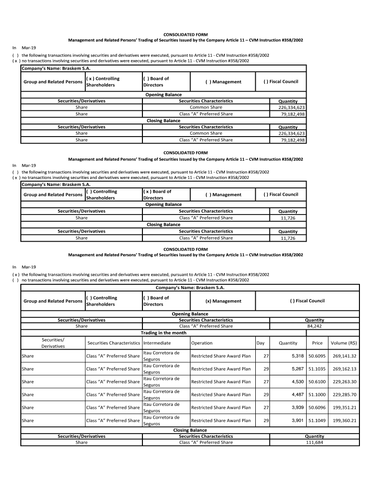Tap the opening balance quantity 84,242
[x=314, y=326]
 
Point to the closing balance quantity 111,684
[x=314, y=442]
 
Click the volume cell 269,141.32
[x=344, y=356]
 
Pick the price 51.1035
[x=317, y=369]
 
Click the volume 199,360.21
[x=344, y=420]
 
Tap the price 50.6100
[x=317, y=382]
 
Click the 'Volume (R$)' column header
[x=343, y=343]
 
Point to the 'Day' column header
[x=261, y=343]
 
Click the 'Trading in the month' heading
[x=163, y=333]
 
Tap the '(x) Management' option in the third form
[x=223, y=301]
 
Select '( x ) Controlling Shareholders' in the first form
[x=102, y=81]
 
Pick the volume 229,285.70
[x=344, y=395]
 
